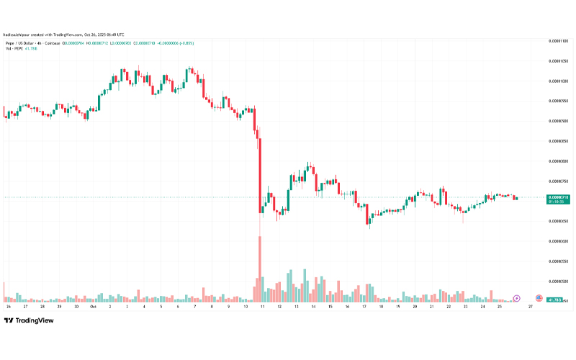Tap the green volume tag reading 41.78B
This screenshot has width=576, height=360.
554,299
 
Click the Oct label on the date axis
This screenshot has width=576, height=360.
94,306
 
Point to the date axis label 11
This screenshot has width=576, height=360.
262,306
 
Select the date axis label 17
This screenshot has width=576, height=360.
364,306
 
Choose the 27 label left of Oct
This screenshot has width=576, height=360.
25,306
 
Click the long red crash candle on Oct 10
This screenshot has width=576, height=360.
259,173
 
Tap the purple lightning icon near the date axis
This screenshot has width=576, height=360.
516,298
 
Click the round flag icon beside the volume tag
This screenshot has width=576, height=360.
539,298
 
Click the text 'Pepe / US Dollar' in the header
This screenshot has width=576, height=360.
21,43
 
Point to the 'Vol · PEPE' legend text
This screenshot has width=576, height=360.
14,49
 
